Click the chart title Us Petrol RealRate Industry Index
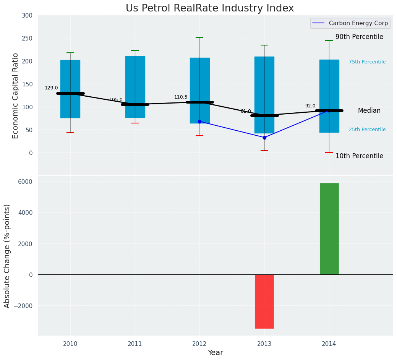click(210, 8)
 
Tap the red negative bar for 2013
click(264, 301)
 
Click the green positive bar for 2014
click(329, 229)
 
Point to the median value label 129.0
click(51, 88)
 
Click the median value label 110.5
click(181, 97)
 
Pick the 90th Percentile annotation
click(359, 37)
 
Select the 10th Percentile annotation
click(359, 156)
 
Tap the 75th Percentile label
click(367, 62)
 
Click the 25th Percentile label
click(367, 130)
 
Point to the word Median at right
click(369, 110)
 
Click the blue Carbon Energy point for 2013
click(264, 138)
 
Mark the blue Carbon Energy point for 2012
click(199, 122)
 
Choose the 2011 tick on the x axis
click(135, 344)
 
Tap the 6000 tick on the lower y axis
click(25, 182)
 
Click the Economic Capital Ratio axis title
click(16, 96)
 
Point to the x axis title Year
click(215, 353)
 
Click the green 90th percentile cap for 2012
click(199, 37)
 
